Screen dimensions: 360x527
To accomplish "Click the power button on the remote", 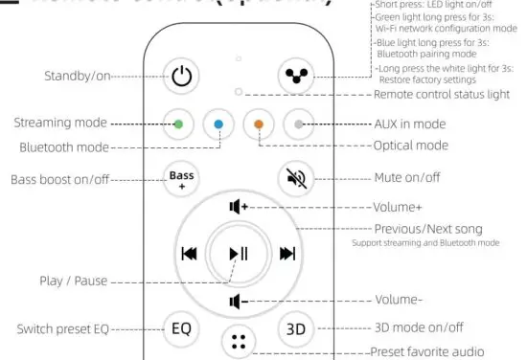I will point(181,75).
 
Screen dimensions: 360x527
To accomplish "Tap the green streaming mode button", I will point(178,124).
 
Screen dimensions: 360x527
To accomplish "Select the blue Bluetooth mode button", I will point(218,124).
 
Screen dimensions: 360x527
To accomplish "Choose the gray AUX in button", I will point(299,124).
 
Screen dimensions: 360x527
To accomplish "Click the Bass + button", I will point(181,177).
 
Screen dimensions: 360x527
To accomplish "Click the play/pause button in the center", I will point(239,254).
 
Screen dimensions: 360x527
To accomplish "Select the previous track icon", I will point(189,254).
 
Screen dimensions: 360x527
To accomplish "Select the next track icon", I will point(287,254).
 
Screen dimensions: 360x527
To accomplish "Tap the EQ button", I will point(181,328).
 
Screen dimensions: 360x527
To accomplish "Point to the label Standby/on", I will point(77,75).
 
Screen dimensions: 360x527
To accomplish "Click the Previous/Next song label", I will point(427,229).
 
